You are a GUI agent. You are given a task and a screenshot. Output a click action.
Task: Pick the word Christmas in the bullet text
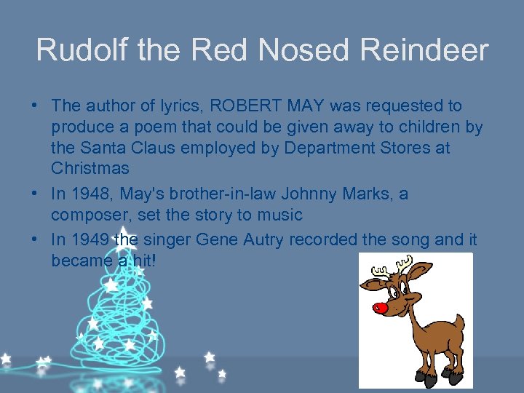coord(90,168)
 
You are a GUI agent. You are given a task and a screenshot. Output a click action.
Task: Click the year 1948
coord(87,194)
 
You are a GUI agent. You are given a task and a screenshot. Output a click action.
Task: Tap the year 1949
coord(87,239)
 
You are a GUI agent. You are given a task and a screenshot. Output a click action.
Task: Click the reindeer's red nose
coord(380,307)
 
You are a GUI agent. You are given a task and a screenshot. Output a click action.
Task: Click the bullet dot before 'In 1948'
coord(35,194)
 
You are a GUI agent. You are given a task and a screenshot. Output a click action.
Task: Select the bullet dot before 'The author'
coord(35,106)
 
